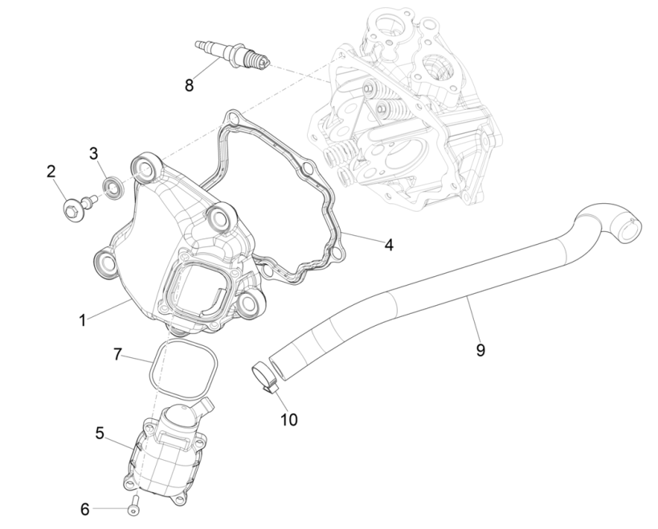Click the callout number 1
coord(82,319)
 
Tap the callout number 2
coord(51,170)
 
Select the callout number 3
coord(94,153)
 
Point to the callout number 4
coord(388,244)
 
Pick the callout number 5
coord(100,433)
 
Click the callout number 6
coord(84,508)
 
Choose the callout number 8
coord(189,85)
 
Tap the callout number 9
coord(480,350)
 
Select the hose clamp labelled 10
coord(264,375)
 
